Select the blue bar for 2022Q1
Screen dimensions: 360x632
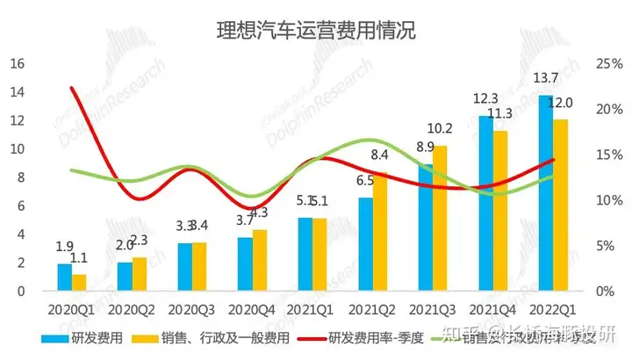point(544,192)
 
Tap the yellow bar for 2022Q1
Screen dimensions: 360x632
point(560,205)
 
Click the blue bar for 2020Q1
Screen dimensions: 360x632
point(64,277)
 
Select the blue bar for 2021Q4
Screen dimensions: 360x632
point(485,203)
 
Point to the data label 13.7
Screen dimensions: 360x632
point(546,80)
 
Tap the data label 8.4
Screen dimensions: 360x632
point(381,155)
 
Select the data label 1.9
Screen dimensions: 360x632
point(63,248)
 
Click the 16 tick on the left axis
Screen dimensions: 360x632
point(17,63)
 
